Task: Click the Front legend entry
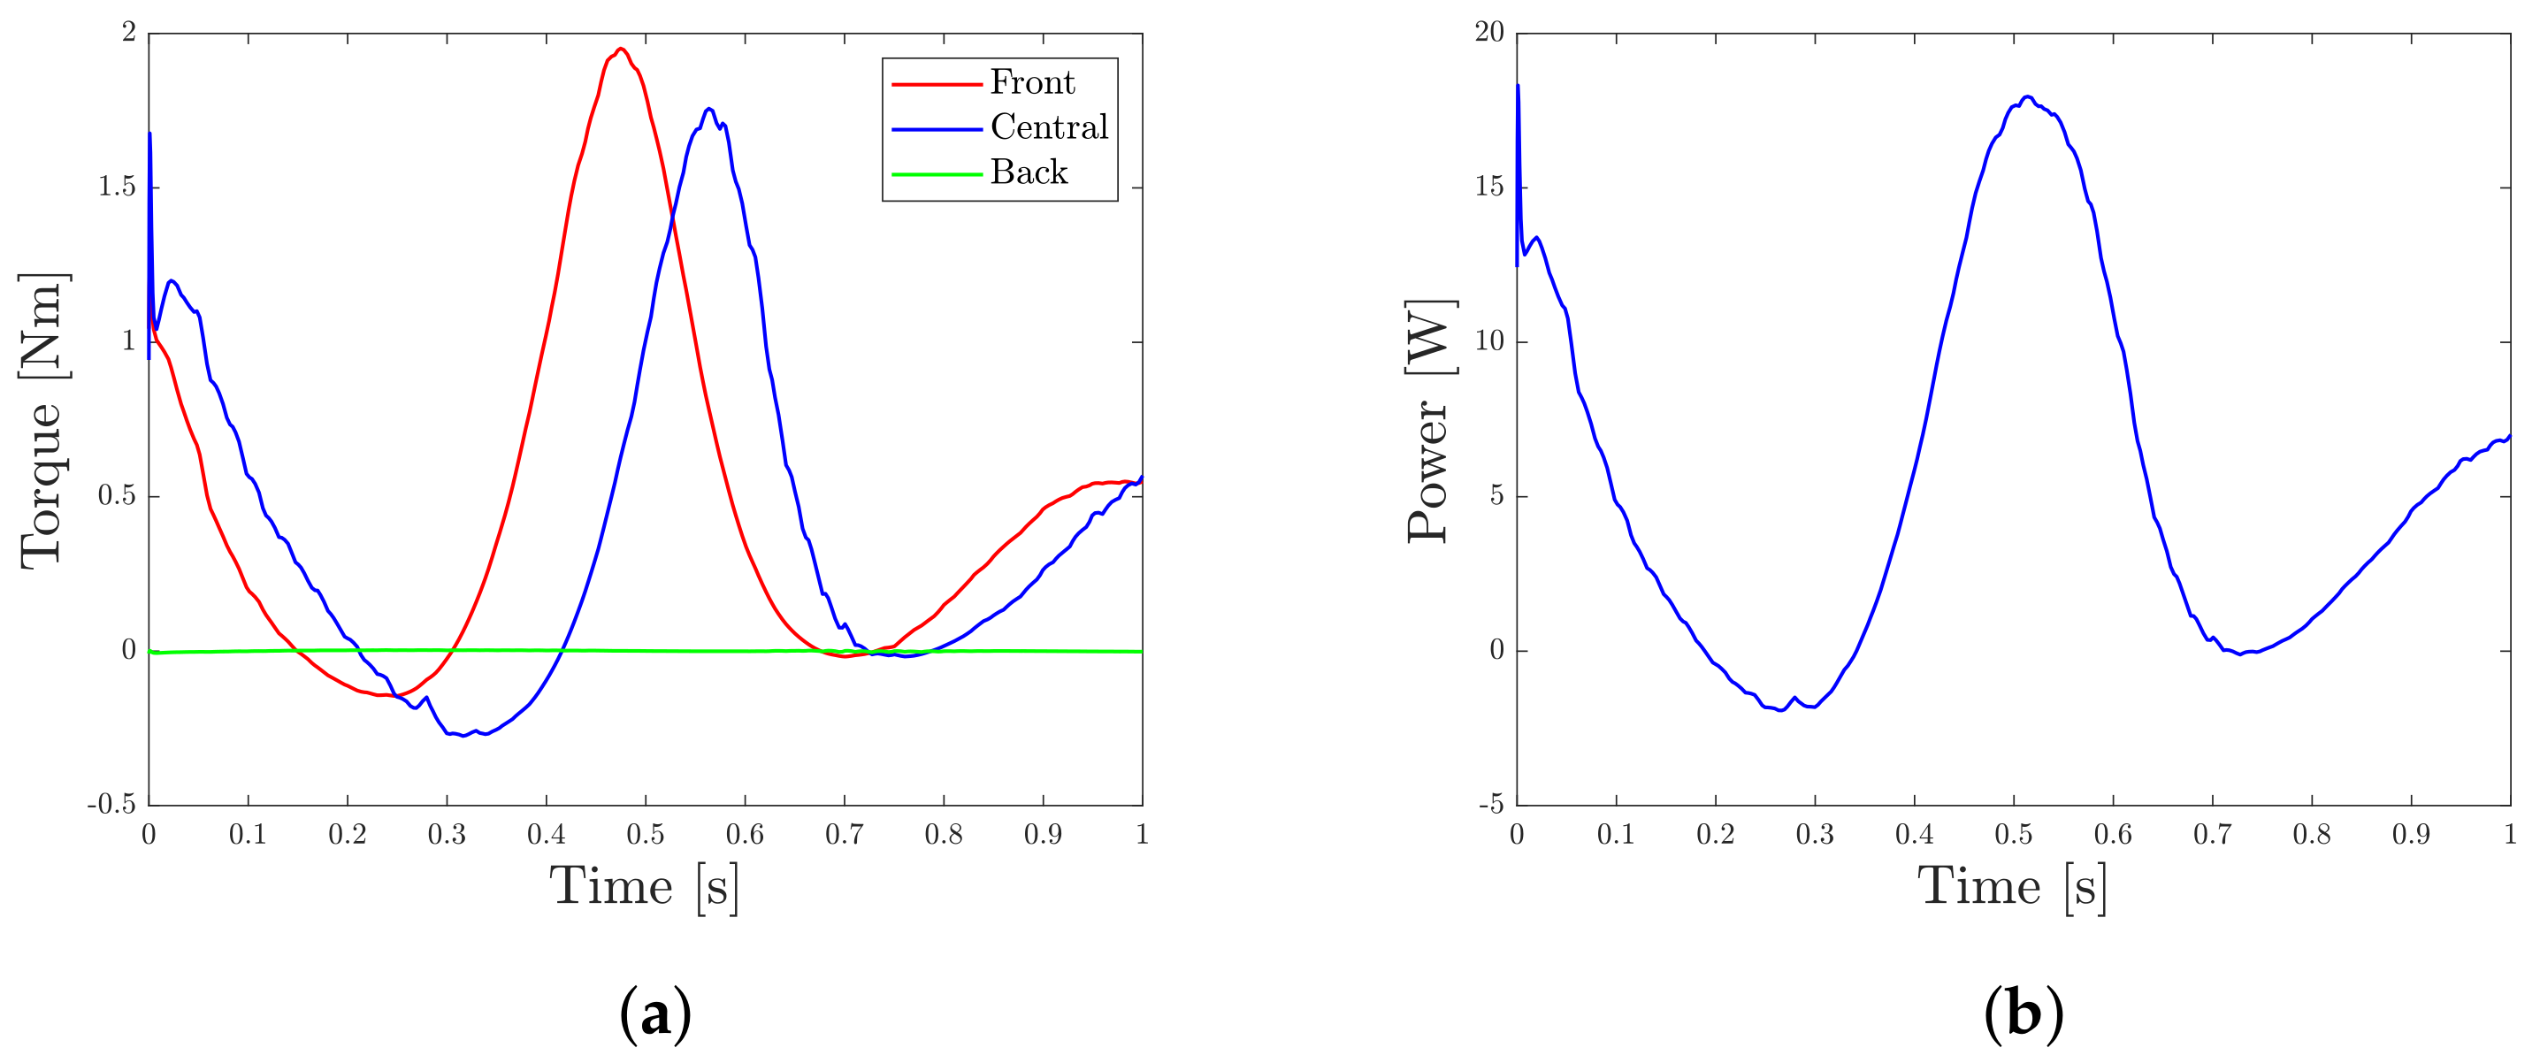point(1031,83)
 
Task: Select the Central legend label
point(1048,127)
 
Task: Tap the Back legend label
point(1029,172)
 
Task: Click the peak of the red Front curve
point(620,49)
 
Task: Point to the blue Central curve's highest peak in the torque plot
point(709,109)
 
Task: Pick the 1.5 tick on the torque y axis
point(117,187)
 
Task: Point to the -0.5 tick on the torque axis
point(111,805)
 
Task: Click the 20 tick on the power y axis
point(1489,33)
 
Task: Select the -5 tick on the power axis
point(1491,805)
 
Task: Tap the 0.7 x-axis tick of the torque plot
point(844,835)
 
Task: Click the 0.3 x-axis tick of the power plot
point(1814,835)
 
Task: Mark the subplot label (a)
point(654,1013)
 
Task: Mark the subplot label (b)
point(2024,1013)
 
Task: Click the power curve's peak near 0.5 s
point(2027,96)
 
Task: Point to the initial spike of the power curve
point(1518,86)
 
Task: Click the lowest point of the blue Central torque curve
point(463,736)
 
